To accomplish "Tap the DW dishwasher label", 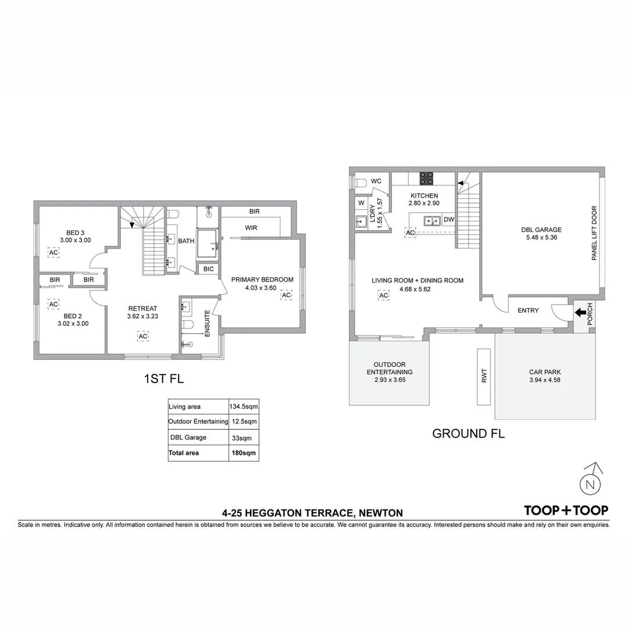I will coord(448,220).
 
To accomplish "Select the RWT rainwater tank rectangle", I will coord(484,376).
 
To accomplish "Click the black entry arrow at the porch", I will coord(581,312).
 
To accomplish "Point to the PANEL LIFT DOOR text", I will coord(594,233).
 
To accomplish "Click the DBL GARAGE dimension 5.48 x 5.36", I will coord(541,237).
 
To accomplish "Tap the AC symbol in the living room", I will coord(384,295).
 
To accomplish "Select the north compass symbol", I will coord(591,483).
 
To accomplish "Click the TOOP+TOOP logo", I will coord(566,511).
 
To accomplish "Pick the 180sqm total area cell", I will coord(244,453).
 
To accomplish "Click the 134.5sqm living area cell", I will coord(244,406).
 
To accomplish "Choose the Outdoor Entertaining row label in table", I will coord(198,422).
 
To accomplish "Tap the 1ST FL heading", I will coord(163,379).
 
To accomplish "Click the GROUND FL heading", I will coord(468,433).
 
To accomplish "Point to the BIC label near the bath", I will coord(208,269).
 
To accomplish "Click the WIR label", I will coord(251,228).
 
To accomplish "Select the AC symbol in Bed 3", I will coord(53,252).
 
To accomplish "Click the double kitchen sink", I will coord(431,220).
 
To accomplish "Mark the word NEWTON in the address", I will coord(380,513).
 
